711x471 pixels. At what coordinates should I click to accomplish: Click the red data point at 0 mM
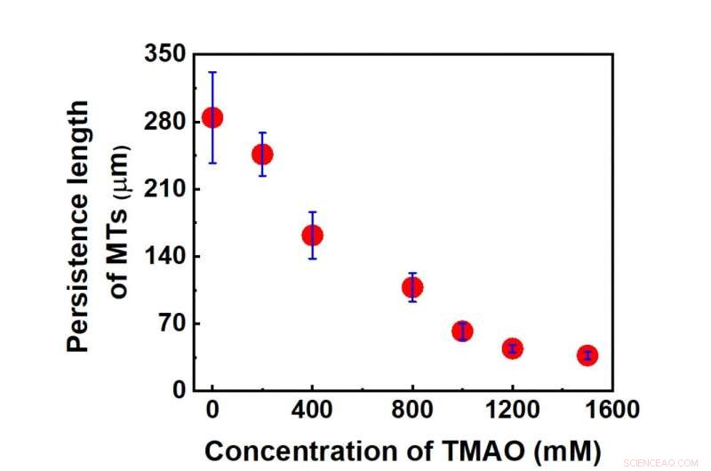pos(212,117)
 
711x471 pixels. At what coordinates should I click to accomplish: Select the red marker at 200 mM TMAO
pos(262,154)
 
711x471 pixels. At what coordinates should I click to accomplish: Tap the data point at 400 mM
pos(312,235)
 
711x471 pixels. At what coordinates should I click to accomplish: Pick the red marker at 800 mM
pos(412,287)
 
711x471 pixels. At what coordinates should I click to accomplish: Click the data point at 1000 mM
pos(462,331)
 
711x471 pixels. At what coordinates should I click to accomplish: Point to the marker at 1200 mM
pos(512,348)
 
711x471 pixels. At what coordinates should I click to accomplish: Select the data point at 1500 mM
pos(587,355)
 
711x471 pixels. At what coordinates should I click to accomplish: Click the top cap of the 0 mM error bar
pos(212,72)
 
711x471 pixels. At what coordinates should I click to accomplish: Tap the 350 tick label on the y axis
pos(165,55)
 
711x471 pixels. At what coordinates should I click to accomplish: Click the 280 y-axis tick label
pos(165,122)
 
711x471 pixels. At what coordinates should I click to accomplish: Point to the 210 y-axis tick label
pos(165,189)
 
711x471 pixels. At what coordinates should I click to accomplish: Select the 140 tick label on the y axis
pos(165,256)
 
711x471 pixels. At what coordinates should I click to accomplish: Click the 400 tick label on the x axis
pos(312,411)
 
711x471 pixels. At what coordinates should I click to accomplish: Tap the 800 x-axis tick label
pos(412,411)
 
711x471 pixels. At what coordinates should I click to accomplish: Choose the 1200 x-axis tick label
pos(512,411)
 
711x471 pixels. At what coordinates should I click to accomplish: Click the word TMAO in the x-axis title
pos(481,449)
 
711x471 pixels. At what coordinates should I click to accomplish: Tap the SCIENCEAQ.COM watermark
pos(662,462)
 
